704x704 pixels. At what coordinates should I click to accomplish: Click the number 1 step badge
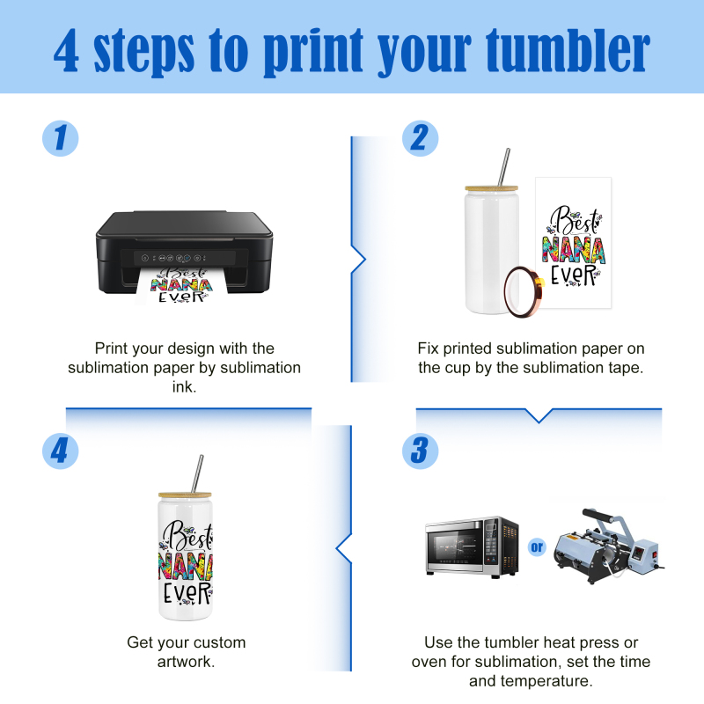60,138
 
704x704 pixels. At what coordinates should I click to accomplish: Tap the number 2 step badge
421,138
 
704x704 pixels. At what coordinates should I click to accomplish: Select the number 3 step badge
421,451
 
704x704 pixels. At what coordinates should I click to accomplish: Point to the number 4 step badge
60,451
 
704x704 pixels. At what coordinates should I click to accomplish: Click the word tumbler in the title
568,50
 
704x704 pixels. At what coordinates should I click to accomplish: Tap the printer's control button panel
174,258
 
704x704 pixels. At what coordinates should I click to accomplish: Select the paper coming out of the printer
181,287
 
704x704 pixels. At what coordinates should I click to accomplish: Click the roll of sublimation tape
524,292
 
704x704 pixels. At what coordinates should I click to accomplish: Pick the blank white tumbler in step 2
492,249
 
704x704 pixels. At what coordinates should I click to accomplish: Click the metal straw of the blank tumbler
503,166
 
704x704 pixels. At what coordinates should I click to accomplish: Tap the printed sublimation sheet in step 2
574,243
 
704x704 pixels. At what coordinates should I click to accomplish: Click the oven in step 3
472,546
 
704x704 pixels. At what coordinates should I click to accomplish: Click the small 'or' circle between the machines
537,546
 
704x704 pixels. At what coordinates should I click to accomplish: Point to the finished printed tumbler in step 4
185,556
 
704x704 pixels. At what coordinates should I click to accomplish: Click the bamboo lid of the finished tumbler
185,495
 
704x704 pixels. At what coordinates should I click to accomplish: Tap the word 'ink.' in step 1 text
184,386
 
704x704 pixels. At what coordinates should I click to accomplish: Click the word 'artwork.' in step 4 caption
186,662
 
